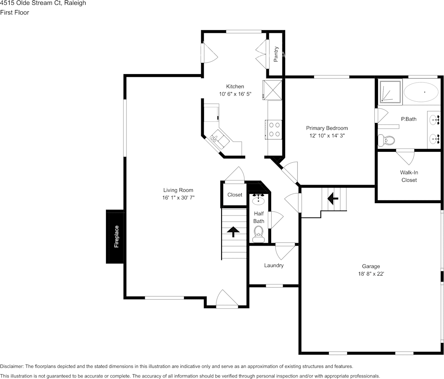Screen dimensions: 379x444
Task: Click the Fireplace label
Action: click(x=116, y=237)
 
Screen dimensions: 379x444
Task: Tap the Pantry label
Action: click(x=276, y=54)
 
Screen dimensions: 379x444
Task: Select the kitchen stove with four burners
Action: click(x=274, y=129)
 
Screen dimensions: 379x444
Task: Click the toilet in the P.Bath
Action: click(x=386, y=140)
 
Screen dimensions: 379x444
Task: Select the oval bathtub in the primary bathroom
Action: click(x=421, y=92)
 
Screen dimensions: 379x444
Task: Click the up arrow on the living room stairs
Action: click(x=233, y=230)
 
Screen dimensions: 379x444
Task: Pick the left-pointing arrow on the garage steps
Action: click(x=333, y=198)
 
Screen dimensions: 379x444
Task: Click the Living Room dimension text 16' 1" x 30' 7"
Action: click(x=178, y=198)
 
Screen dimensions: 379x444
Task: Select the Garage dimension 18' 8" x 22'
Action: click(x=371, y=274)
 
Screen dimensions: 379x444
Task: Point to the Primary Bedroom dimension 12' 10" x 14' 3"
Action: click(x=327, y=136)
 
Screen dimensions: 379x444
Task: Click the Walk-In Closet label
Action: click(x=409, y=176)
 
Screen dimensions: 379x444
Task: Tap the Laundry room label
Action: click(x=274, y=265)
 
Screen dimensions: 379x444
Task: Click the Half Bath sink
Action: click(x=258, y=199)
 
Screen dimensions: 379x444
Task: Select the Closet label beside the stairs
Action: click(x=235, y=195)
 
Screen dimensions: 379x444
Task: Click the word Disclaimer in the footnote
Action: click(x=12, y=366)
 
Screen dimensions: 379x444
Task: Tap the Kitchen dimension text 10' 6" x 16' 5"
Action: click(x=235, y=94)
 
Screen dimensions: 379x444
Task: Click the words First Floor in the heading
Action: click(x=14, y=12)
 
